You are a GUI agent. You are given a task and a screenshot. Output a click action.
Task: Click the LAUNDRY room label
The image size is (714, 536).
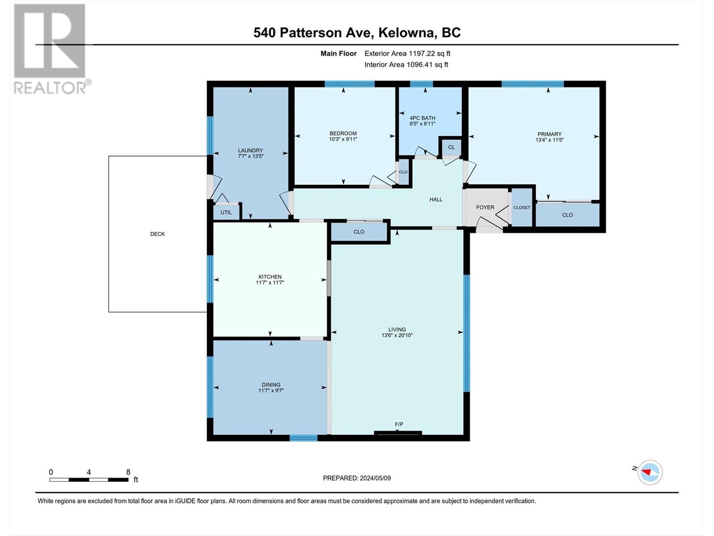[250, 151]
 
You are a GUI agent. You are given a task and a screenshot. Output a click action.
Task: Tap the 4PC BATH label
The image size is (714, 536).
[422, 118]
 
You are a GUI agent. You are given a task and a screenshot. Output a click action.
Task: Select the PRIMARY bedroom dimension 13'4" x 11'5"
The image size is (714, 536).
[549, 140]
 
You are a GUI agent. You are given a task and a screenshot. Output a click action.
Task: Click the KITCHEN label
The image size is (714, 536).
[270, 276]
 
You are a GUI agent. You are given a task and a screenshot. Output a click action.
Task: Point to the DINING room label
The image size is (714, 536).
[271, 385]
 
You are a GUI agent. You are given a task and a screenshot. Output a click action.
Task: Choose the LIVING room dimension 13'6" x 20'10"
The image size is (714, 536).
[397, 335]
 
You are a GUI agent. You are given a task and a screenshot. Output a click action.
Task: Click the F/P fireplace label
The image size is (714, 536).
[399, 424]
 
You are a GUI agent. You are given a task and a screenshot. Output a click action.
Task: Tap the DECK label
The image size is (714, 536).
[158, 234]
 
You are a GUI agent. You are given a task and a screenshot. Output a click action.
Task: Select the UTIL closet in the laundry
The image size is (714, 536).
[226, 212]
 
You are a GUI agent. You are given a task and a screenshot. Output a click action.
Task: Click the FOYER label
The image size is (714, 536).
[485, 207]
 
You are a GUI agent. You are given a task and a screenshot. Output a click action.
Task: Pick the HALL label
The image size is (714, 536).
[436, 200]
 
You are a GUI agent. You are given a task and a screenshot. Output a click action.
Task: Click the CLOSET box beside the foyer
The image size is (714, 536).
[522, 207]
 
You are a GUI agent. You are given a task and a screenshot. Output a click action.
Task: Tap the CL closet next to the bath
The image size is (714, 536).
[451, 147]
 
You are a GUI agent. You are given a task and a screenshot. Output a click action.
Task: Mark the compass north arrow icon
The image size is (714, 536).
[649, 472]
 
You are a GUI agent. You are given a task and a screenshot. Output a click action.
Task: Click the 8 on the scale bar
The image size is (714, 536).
[128, 472]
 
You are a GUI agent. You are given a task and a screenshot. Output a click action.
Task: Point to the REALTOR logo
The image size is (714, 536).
[51, 49]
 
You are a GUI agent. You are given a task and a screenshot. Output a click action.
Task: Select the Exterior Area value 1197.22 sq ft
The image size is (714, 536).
[429, 54]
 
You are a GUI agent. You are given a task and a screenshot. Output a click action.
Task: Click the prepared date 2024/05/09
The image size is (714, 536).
[375, 478]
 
